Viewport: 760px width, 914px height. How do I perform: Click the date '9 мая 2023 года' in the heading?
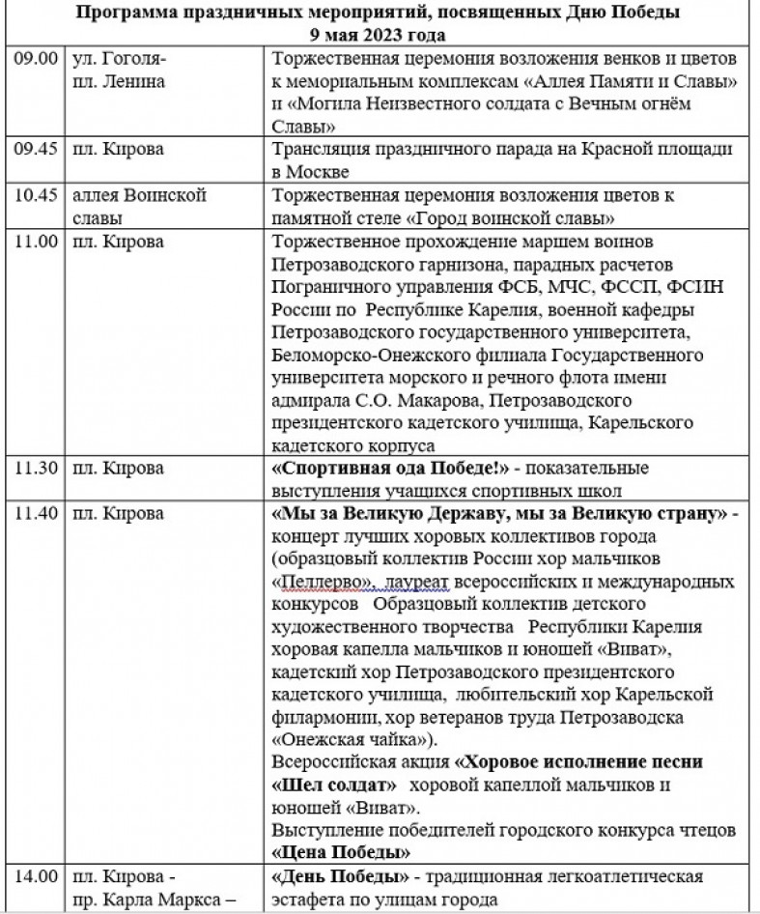tap(380, 34)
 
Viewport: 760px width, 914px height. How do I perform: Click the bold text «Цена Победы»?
tap(341, 854)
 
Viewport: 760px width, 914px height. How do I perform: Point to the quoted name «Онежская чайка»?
tap(351, 740)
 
